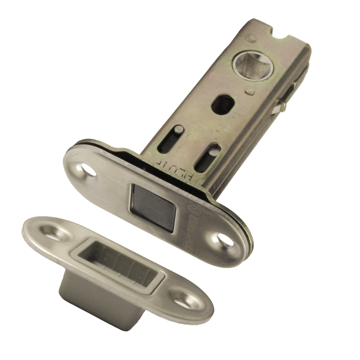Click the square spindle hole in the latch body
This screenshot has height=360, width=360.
tap(253, 65)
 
